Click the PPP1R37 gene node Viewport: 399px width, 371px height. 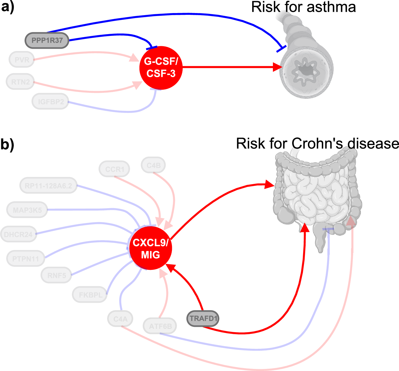(47, 40)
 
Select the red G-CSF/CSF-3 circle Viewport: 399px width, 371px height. (161, 68)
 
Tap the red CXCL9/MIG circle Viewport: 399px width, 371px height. (151, 248)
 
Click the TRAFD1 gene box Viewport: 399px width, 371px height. (203, 319)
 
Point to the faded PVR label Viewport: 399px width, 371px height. (22, 60)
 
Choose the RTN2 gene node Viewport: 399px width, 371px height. (20, 82)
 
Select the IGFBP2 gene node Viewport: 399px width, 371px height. (51, 102)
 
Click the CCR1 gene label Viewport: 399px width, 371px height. (115, 169)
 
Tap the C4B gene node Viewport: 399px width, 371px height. (153, 165)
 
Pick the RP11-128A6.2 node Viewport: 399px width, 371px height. (48, 186)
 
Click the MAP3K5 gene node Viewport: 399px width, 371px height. (27, 210)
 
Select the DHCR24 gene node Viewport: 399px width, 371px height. (18, 234)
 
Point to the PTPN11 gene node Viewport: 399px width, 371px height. (26, 259)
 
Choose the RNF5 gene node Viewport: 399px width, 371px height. (57, 276)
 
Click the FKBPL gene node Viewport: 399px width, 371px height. (90, 295)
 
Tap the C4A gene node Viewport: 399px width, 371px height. (120, 319)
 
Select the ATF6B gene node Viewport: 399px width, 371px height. (160, 326)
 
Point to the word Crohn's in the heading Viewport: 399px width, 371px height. (318, 144)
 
